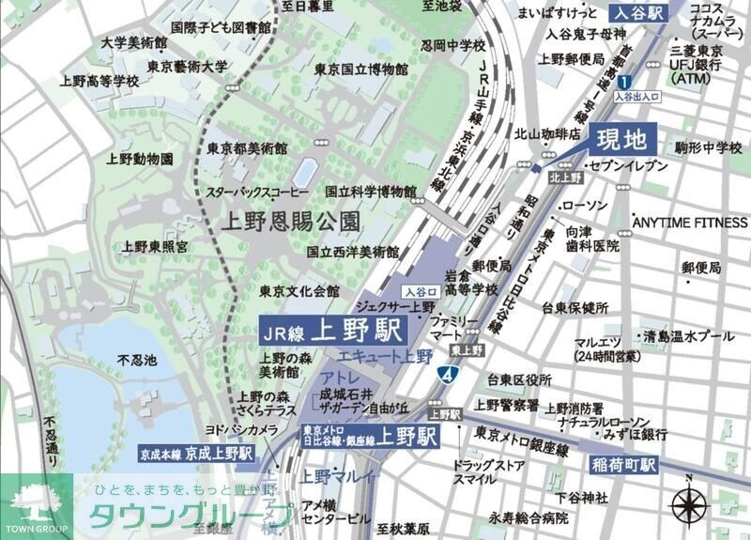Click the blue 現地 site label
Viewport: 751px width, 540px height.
(x=622, y=141)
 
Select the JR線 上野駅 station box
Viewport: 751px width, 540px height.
(x=331, y=331)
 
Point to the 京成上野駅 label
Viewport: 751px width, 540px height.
(x=197, y=453)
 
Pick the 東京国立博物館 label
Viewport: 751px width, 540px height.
(x=360, y=70)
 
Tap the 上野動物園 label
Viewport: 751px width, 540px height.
(x=141, y=160)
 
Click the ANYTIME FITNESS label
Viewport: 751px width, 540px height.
(x=687, y=223)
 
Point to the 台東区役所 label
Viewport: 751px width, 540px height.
(x=518, y=380)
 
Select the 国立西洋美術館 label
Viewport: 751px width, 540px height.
(x=353, y=252)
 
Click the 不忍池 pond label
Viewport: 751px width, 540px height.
(x=131, y=360)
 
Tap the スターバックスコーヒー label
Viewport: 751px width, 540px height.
(x=258, y=192)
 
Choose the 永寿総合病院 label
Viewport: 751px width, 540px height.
(x=528, y=517)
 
